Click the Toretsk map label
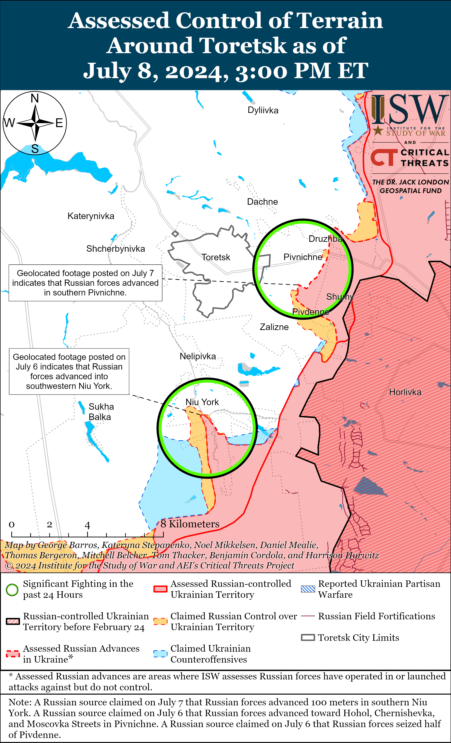216,257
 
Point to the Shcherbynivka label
116,249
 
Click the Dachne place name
262,202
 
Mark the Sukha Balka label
101,412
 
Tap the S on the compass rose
35,149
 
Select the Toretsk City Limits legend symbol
308,638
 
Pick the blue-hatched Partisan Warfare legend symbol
308,589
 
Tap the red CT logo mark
384,157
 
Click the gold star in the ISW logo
378,131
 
